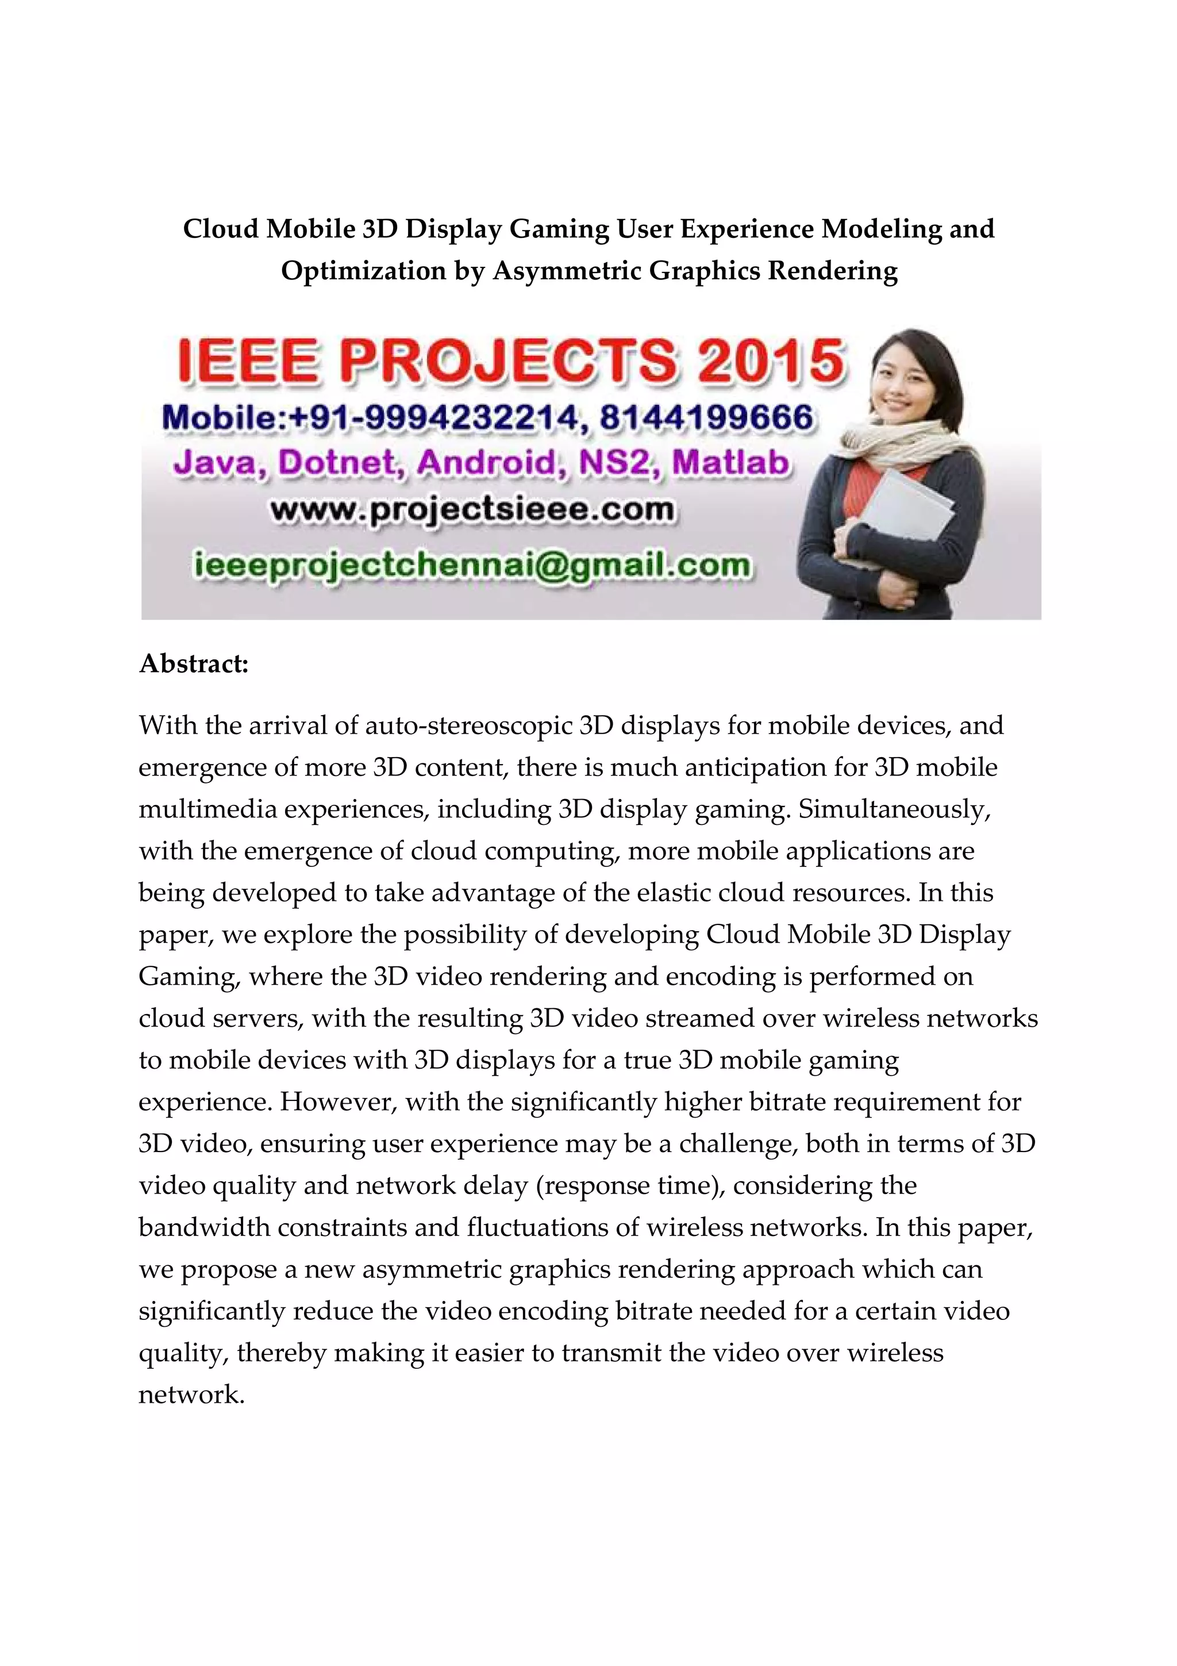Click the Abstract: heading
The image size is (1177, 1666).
click(194, 663)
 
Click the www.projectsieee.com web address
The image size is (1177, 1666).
click(472, 509)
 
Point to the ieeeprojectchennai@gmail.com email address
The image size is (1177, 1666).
click(472, 565)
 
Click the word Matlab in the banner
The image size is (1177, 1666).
click(730, 463)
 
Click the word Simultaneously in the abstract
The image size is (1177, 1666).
click(894, 809)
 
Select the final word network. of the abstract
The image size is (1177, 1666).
click(191, 1394)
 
